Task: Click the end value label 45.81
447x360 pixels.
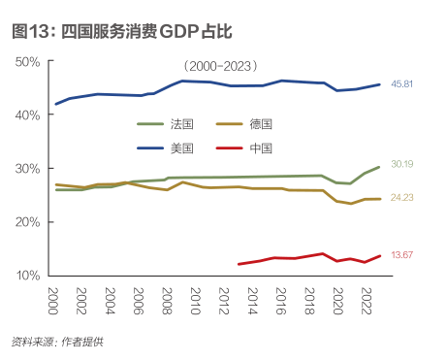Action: coord(402,84)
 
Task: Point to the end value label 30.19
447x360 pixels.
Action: coord(402,165)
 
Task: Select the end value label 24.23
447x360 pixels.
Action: coord(402,198)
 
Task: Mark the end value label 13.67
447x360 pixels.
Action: coord(402,255)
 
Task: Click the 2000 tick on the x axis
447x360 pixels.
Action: coord(54,298)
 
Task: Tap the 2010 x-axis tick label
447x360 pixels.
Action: coord(195,298)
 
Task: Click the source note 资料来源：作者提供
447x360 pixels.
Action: coord(57,341)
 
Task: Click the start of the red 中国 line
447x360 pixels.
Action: coord(239,264)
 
